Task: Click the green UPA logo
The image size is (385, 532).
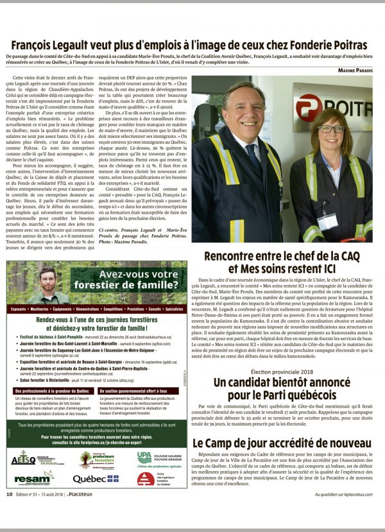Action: tap(144, 457)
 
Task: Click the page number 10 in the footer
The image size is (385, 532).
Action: tap(10, 512)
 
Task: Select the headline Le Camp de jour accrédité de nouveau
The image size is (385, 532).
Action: tap(282, 443)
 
